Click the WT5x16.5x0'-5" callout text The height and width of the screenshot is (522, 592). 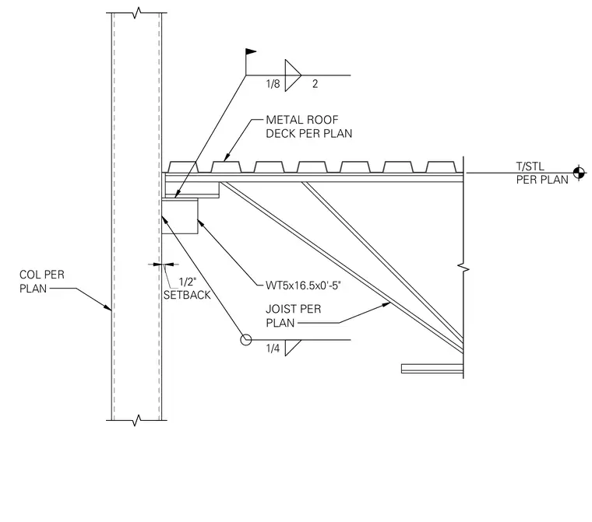click(x=303, y=286)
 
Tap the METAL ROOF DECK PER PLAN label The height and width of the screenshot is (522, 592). click(x=308, y=127)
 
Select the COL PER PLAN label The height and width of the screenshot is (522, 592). click(x=42, y=282)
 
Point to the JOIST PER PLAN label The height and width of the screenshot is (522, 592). click(x=294, y=316)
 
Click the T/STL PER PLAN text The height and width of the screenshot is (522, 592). click(x=542, y=173)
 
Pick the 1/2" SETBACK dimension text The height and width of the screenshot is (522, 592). click(x=187, y=289)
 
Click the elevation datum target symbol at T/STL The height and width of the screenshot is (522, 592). click(x=579, y=173)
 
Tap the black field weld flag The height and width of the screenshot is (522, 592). click(x=251, y=51)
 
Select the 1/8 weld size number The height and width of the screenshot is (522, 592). click(x=273, y=84)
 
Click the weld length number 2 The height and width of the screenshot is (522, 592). click(x=315, y=84)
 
